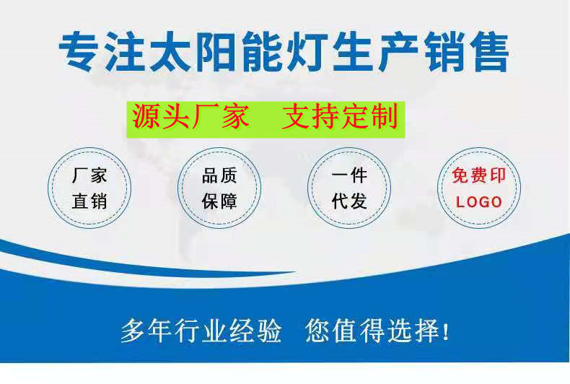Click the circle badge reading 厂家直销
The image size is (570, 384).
(x=89, y=188)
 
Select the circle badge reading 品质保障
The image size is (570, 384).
(x=219, y=188)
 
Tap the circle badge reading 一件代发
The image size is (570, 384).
(x=349, y=188)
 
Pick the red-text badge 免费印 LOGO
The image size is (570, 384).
(x=479, y=188)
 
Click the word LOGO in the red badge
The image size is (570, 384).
(x=479, y=202)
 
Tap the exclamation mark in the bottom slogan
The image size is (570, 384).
(x=447, y=332)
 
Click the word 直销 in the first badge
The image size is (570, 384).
(x=89, y=201)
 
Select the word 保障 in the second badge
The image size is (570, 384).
(x=219, y=201)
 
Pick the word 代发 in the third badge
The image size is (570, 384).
(x=349, y=201)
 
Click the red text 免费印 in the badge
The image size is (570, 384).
(x=479, y=175)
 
